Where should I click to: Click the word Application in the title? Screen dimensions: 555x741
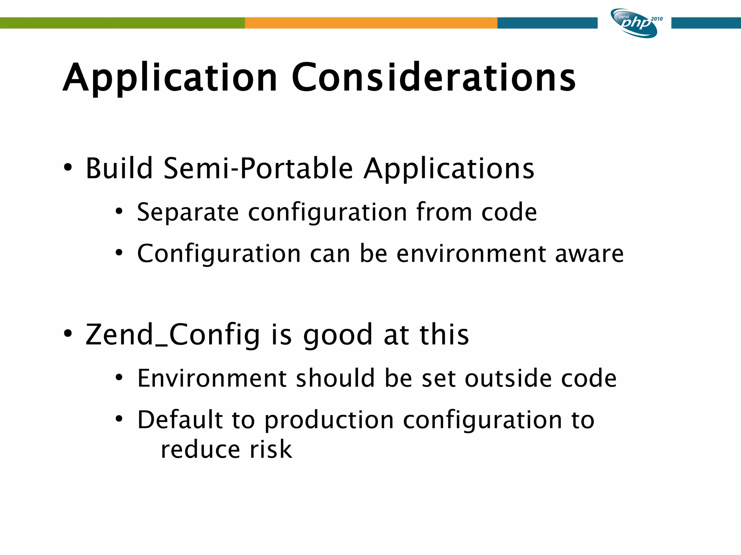[170, 78]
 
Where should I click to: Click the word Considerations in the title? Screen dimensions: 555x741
[433, 77]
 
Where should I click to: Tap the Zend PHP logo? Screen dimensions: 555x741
[634, 23]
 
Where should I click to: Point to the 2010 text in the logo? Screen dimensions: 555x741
[656, 19]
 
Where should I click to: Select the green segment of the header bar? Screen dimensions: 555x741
[122, 23]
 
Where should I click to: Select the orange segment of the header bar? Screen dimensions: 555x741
[371, 23]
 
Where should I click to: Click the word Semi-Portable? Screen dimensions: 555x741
[258, 168]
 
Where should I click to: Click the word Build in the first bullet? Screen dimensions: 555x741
[119, 168]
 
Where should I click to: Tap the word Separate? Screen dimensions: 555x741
[188, 212]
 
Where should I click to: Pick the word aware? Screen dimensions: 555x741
[589, 254]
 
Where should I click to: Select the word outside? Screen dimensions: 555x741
[508, 378]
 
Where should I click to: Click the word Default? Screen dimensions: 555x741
[180, 420]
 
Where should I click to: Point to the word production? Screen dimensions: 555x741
[329, 421]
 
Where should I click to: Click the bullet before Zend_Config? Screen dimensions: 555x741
[68, 334]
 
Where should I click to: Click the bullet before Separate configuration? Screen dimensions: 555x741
[119, 211]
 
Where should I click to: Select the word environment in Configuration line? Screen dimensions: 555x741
[471, 254]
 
